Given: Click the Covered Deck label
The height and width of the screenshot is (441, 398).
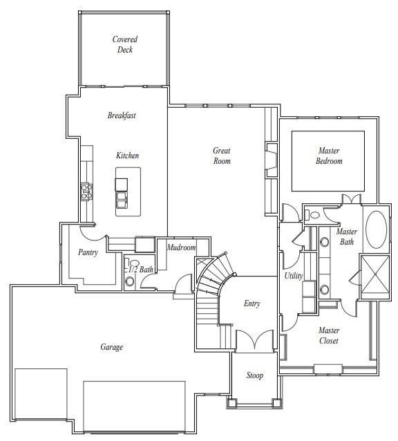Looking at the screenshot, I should pyautogui.click(x=124, y=45).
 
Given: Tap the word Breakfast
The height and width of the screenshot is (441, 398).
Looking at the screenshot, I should pyautogui.click(x=122, y=115).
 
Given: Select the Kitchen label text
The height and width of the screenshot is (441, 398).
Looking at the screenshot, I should pyautogui.click(x=127, y=156).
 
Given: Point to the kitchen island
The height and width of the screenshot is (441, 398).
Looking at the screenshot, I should pyautogui.click(x=128, y=191).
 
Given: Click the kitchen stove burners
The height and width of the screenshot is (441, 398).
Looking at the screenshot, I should pyautogui.click(x=87, y=191).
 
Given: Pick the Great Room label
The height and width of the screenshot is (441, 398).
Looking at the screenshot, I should pyautogui.click(x=221, y=156).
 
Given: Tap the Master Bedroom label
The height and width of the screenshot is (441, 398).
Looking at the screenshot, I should pyautogui.click(x=329, y=156).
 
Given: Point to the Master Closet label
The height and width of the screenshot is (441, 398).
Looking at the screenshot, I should pyautogui.click(x=329, y=335).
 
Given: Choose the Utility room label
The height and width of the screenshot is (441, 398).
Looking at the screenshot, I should pyautogui.click(x=294, y=276).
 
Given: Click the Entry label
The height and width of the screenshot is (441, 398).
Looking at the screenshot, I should pyautogui.click(x=252, y=303).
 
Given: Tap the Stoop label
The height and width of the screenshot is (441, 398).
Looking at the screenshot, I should pyautogui.click(x=255, y=375).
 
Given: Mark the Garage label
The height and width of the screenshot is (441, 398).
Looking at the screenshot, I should pyautogui.click(x=111, y=347).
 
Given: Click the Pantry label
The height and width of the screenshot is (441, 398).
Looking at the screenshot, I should pyautogui.click(x=88, y=252).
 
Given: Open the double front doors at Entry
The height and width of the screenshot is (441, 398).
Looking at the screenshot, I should pyautogui.click(x=250, y=341).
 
